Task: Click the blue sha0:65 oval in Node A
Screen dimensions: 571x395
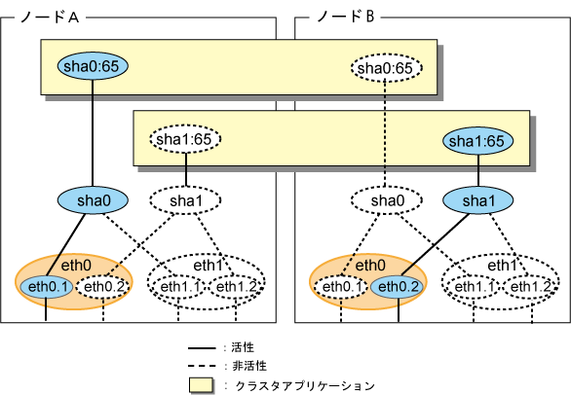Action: pyautogui.click(x=93, y=66)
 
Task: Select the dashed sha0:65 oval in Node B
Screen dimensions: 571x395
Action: pyautogui.click(x=387, y=68)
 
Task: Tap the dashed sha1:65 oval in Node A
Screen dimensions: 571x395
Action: pyautogui.click(x=185, y=139)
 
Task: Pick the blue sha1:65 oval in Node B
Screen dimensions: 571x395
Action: pyautogui.click(x=477, y=141)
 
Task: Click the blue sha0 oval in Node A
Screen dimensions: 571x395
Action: pyautogui.click(x=93, y=200)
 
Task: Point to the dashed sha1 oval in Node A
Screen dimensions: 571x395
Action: pyautogui.click(x=185, y=200)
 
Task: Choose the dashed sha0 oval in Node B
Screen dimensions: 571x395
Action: pyautogui.click(x=387, y=200)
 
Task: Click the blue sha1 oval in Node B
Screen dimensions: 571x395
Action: pyautogui.click(x=477, y=200)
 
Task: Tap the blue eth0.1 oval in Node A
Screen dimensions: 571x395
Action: pyautogui.click(x=46, y=287)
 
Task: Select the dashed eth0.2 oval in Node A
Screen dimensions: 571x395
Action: pyautogui.click(x=103, y=287)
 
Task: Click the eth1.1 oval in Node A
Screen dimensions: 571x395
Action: pyautogui.click(x=179, y=287)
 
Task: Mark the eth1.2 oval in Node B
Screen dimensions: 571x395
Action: pyautogui.click(x=531, y=287)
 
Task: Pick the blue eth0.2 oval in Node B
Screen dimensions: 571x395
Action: pyautogui.click(x=398, y=287)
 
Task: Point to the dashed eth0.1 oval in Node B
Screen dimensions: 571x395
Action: pyautogui.click(x=341, y=287)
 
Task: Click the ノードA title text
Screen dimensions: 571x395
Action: pyautogui.click(x=50, y=17)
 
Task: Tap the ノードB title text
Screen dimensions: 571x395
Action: pyautogui.click(x=345, y=17)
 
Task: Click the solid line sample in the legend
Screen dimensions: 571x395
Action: pyautogui.click(x=202, y=348)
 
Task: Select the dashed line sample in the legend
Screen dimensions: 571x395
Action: pyautogui.click(x=202, y=366)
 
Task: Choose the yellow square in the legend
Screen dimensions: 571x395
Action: pyautogui.click(x=201, y=385)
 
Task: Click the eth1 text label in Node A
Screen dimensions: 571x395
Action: pyautogui.click(x=208, y=266)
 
